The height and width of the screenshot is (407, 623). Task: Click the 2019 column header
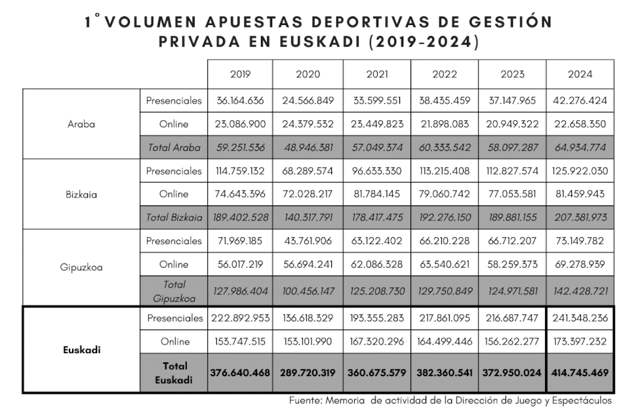coord(240,74)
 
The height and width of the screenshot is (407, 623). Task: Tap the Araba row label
coord(81,124)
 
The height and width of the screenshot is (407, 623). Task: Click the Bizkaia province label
coord(81,194)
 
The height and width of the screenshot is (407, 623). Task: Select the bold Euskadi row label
coord(81,350)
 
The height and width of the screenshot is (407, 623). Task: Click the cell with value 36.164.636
coord(240,101)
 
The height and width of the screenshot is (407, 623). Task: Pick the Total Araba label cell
coord(174,148)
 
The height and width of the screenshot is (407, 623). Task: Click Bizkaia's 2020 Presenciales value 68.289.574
coord(308,171)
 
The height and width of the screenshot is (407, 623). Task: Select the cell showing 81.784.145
coord(377,194)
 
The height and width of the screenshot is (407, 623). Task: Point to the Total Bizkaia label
coord(174,217)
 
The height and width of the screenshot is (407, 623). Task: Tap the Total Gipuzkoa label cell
coord(174,291)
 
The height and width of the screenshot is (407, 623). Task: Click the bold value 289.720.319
coord(308,372)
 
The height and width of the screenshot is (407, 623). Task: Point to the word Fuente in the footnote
coord(305,400)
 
